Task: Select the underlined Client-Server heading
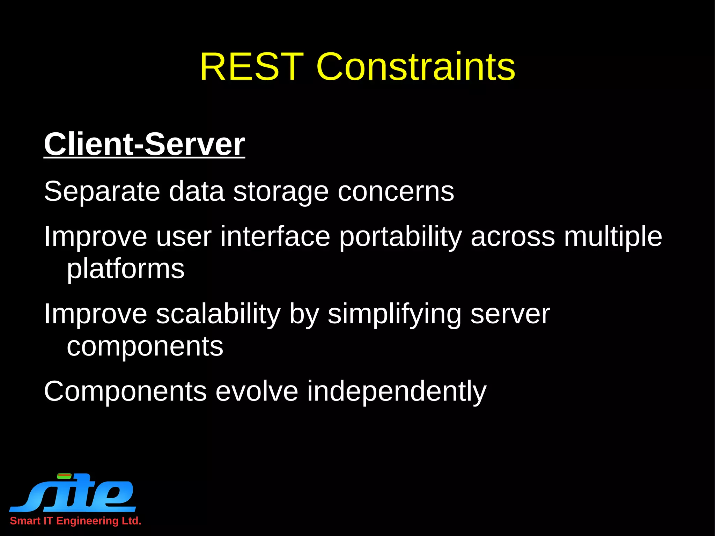click(x=144, y=144)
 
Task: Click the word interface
click(x=275, y=236)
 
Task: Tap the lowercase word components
click(x=145, y=346)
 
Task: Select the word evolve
click(x=257, y=391)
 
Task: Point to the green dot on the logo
click(x=64, y=476)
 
